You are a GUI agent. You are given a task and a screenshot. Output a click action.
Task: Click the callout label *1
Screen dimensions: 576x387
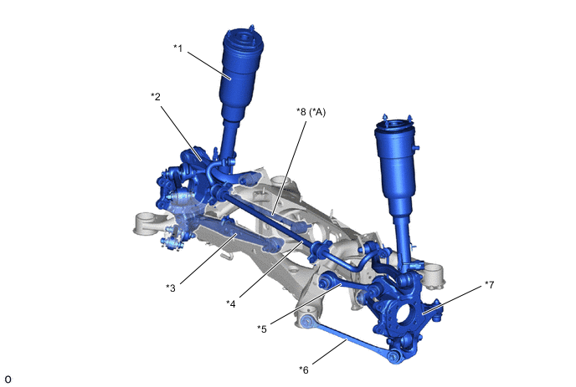point(177,48)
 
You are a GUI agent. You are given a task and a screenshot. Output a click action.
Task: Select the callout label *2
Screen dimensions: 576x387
point(156,96)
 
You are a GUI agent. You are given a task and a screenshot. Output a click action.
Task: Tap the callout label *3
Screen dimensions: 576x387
point(171,288)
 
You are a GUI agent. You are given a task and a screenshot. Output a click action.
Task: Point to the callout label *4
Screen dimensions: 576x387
point(231,303)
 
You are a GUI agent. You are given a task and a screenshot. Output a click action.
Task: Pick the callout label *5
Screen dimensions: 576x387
point(262,329)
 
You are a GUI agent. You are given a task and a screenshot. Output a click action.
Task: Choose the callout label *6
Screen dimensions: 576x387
point(304,369)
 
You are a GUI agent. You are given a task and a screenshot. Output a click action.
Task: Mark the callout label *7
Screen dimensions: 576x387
point(489,284)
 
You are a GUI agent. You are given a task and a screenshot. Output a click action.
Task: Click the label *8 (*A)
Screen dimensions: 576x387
point(311,112)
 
